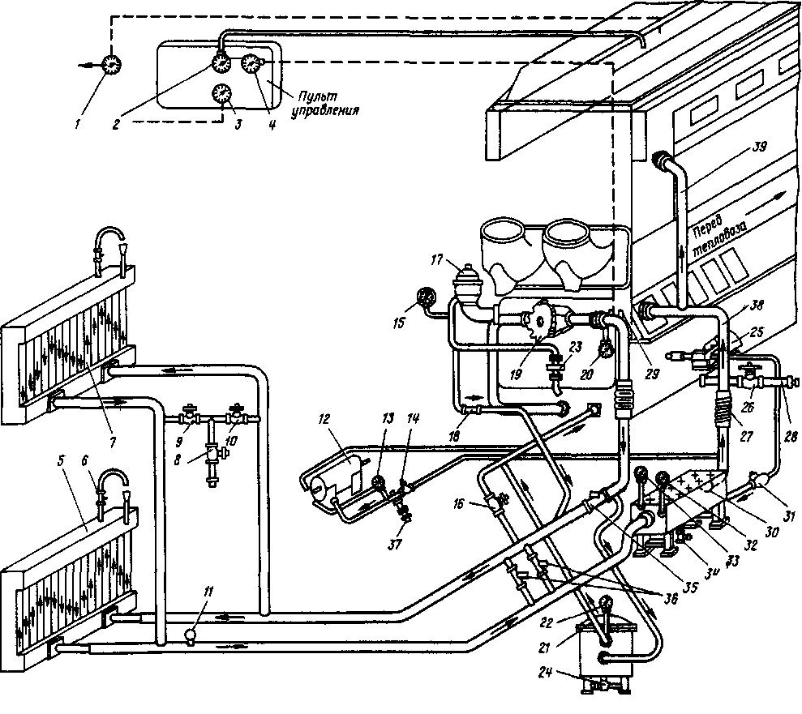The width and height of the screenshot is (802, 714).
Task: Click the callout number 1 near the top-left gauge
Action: [x=77, y=124]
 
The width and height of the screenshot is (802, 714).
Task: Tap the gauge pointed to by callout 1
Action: [x=110, y=65]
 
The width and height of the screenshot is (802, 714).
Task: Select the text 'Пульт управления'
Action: [x=324, y=105]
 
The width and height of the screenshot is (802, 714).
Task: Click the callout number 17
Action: [x=436, y=261]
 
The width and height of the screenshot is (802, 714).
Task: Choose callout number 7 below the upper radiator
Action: [x=112, y=441]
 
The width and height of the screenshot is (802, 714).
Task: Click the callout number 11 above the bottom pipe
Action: [x=207, y=592]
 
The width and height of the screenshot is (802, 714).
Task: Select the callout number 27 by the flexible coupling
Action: [x=745, y=436]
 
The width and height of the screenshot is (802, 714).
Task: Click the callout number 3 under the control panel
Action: [x=238, y=124]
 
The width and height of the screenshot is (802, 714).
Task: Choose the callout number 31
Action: [x=789, y=517]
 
